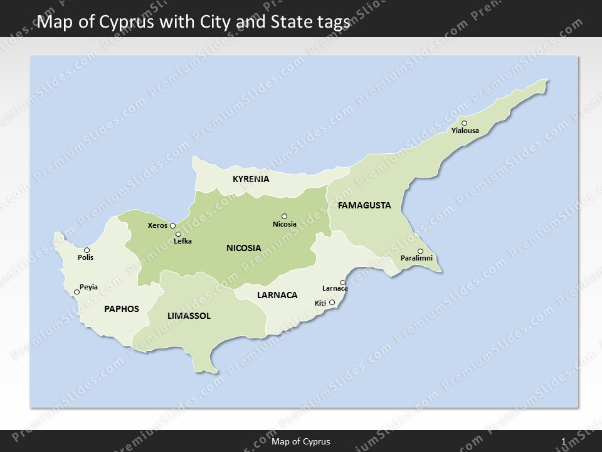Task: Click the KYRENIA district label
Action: tap(251, 179)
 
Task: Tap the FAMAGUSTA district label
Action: tap(364, 205)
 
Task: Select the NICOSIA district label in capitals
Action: tap(244, 248)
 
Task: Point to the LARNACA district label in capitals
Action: tap(277, 295)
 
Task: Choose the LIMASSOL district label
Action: tap(189, 316)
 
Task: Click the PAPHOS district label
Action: tap(122, 309)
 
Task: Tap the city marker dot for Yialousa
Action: tap(464, 123)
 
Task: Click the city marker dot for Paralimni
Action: tap(420, 251)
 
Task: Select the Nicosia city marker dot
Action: tap(284, 216)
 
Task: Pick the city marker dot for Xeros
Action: tap(172, 225)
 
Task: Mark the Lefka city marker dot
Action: tap(179, 234)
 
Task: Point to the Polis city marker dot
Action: tap(87, 250)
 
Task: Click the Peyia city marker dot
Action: tap(77, 292)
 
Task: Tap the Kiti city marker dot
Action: tap(332, 303)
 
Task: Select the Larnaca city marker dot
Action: tap(342, 282)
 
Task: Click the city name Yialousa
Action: tap(465, 131)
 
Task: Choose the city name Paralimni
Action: tap(416, 259)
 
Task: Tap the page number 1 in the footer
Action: tap(564, 441)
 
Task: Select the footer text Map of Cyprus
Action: tap(301, 441)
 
